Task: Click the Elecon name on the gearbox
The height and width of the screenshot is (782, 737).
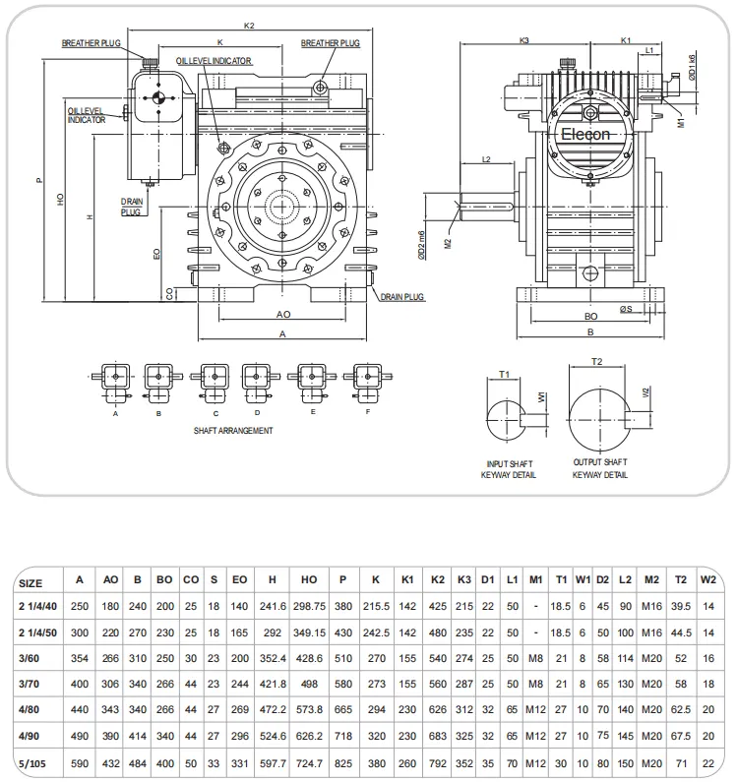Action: pyautogui.click(x=585, y=135)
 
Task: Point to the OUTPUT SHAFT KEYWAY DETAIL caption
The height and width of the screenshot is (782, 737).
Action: pyautogui.click(x=600, y=468)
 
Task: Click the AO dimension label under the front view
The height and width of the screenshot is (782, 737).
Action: pyautogui.click(x=282, y=315)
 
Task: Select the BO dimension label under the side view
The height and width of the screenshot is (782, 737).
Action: pyautogui.click(x=590, y=318)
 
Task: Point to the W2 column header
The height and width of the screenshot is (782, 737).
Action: pyautogui.click(x=708, y=582)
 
